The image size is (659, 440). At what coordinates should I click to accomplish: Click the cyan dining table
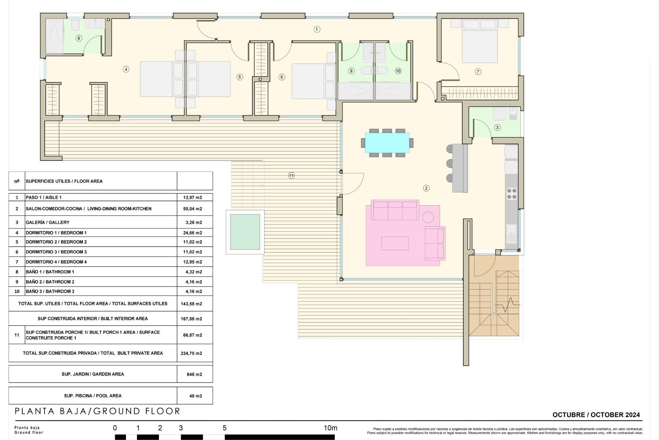[387, 143]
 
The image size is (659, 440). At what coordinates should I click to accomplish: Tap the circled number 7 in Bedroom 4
[478, 72]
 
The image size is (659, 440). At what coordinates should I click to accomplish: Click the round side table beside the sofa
[428, 217]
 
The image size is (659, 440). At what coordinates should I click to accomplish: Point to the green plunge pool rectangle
[245, 232]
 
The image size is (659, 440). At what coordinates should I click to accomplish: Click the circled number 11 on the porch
[291, 176]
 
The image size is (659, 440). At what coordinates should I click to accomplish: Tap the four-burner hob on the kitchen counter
[511, 194]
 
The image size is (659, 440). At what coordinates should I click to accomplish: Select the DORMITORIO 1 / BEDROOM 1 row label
[56, 233]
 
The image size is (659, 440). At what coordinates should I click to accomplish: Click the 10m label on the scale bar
[330, 428]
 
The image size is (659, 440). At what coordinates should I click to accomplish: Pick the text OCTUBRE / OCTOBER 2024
[596, 415]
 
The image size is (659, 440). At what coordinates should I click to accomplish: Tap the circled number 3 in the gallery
[497, 127]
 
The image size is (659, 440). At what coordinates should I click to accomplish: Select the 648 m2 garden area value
[194, 374]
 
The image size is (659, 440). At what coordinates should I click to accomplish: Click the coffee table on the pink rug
[395, 243]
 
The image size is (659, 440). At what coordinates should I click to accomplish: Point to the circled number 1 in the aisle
[317, 29]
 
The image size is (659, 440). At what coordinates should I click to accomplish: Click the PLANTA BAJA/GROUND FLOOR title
[97, 411]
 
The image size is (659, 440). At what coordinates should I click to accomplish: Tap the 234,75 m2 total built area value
[191, 353]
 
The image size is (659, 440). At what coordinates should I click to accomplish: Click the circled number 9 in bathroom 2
[351, 71]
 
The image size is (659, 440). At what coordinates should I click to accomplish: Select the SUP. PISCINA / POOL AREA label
[93, 396]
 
